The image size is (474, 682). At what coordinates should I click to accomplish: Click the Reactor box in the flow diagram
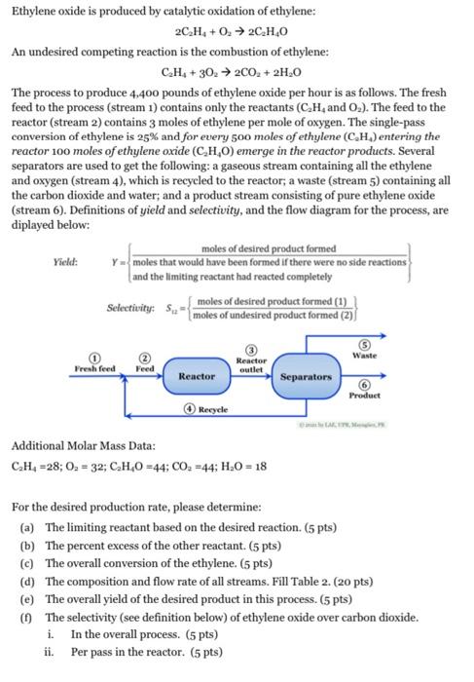click(x=198, y=375)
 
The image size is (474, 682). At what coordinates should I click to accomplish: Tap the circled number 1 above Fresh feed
click(x=94, y=358)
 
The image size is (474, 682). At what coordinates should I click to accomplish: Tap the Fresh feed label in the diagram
click(x=94, y=368)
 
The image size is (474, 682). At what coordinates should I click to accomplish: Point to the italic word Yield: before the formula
click(x=64, y=261)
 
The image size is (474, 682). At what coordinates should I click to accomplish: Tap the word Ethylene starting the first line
click(x=34, y=9)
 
